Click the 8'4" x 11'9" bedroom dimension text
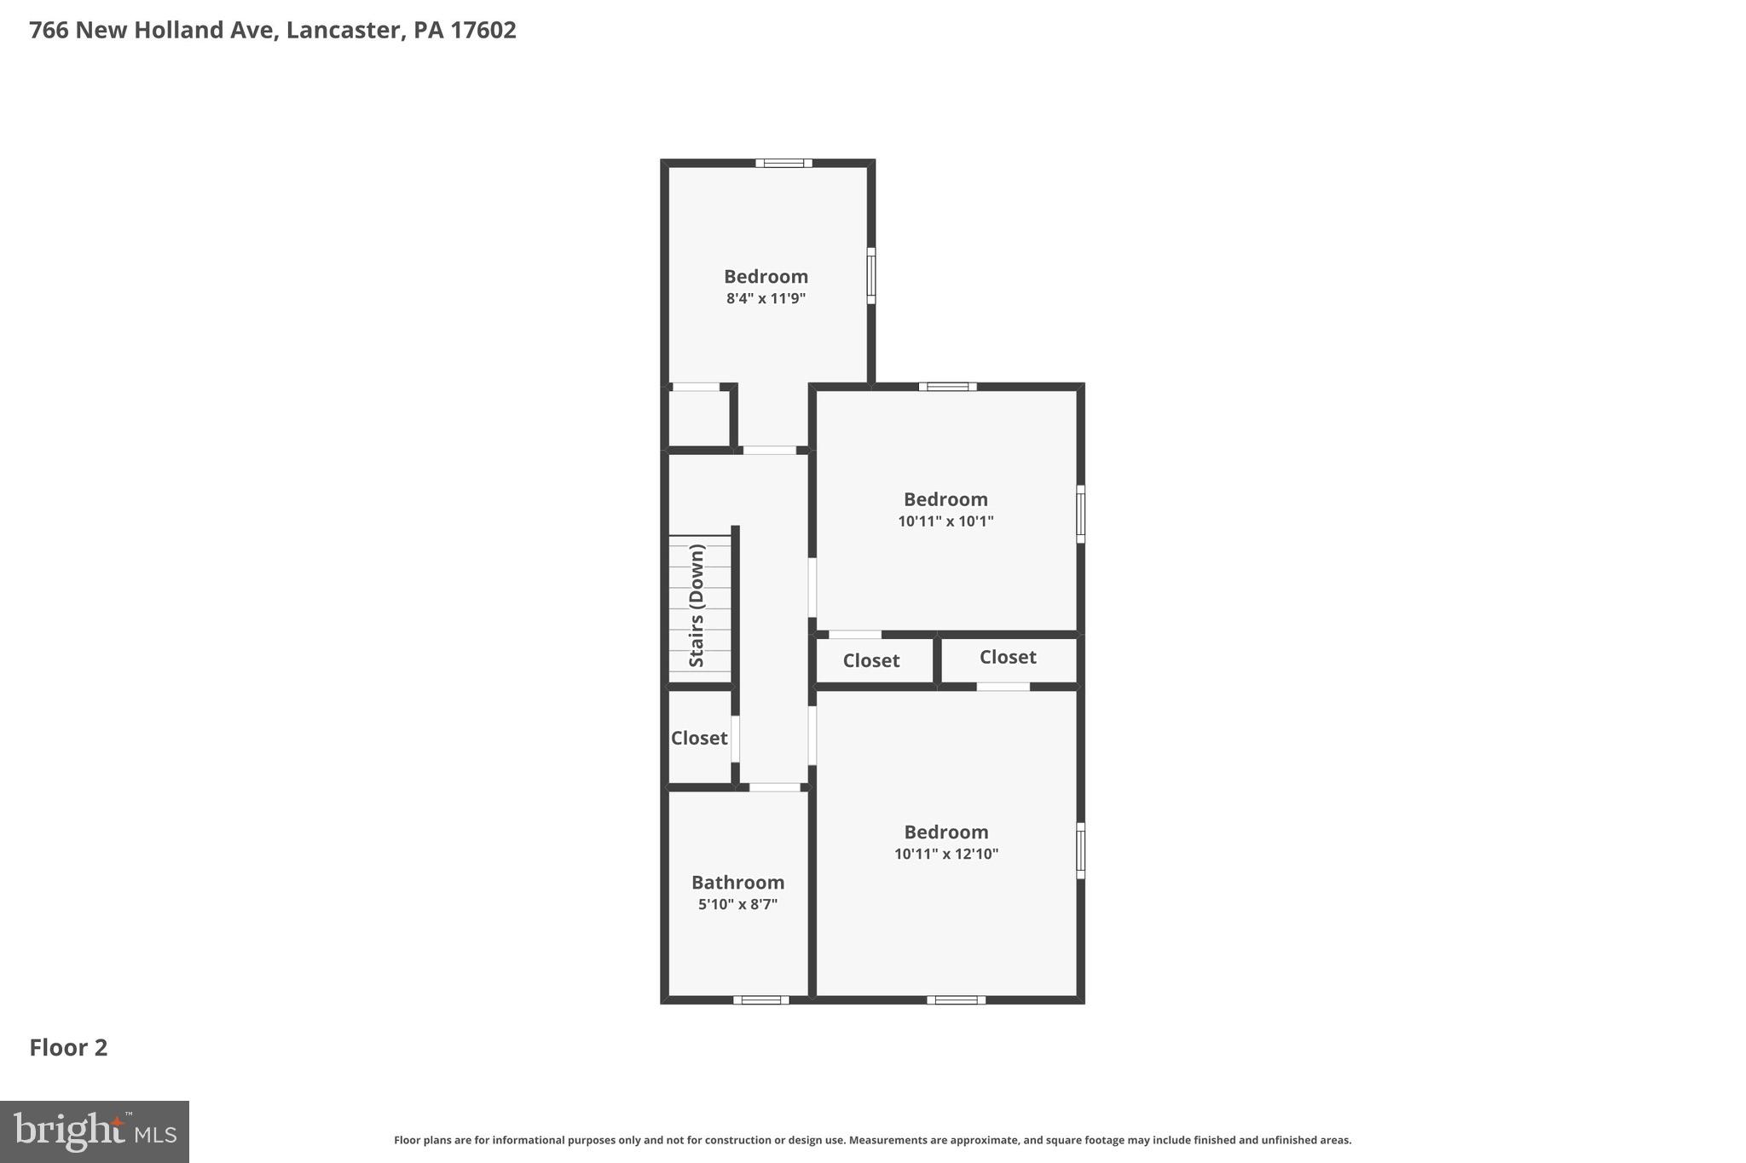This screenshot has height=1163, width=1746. click(x=766, y=299)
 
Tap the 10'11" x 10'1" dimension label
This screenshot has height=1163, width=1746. click(x=945, y=521)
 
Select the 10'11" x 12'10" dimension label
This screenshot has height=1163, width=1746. click(x=945, y=854)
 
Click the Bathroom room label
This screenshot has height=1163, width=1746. click(x=737, y=882)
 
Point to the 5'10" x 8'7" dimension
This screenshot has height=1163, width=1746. click(x=737, y=904)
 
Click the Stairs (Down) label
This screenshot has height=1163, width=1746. click(x=697, y=606)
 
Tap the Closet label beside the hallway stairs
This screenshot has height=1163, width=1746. click(x=699, y=738)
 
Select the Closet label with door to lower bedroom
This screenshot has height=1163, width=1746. click(x=1008, y=657)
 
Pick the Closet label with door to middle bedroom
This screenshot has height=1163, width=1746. click(x=870, y=660)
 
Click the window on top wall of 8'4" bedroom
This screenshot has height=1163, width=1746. click(x=783, y=163)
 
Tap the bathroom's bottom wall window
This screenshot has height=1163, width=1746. click(x=760, y=999)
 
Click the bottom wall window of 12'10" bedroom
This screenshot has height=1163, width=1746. click(x=956, y=999)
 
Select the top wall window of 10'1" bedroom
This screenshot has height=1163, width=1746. click(x=947, y=387)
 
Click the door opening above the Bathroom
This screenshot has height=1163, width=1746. click(x=774, y=787)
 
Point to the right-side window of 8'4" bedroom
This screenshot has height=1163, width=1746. click(x=870, y=275)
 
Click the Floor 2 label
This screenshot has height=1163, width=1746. click(x=68, y=1048)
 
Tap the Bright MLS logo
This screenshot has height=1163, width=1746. click(x=95, y=1131)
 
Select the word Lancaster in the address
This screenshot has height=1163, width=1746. click(x=344, y=31)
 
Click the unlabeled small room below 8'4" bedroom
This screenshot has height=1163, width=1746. click(x=698, y=417)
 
